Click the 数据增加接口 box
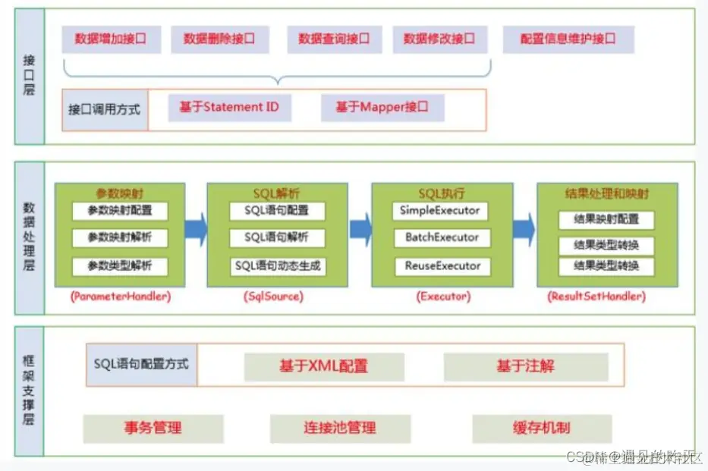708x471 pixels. [110, 39]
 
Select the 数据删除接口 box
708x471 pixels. [219, 39]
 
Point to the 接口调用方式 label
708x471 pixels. [104, 109]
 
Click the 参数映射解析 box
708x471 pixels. [120, 238]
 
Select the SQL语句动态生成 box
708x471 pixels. [278, 266]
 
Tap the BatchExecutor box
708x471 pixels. [442, 238]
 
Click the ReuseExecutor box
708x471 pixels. [442, 266]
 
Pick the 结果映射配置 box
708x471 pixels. [605, 220]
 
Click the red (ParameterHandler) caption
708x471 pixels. [120, 297]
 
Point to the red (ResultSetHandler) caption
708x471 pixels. [596, 297]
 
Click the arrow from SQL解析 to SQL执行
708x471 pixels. [360, 225]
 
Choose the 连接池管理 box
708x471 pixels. [340, 428]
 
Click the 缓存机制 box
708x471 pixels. [541, 428]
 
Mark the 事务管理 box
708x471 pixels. [153, 428]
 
